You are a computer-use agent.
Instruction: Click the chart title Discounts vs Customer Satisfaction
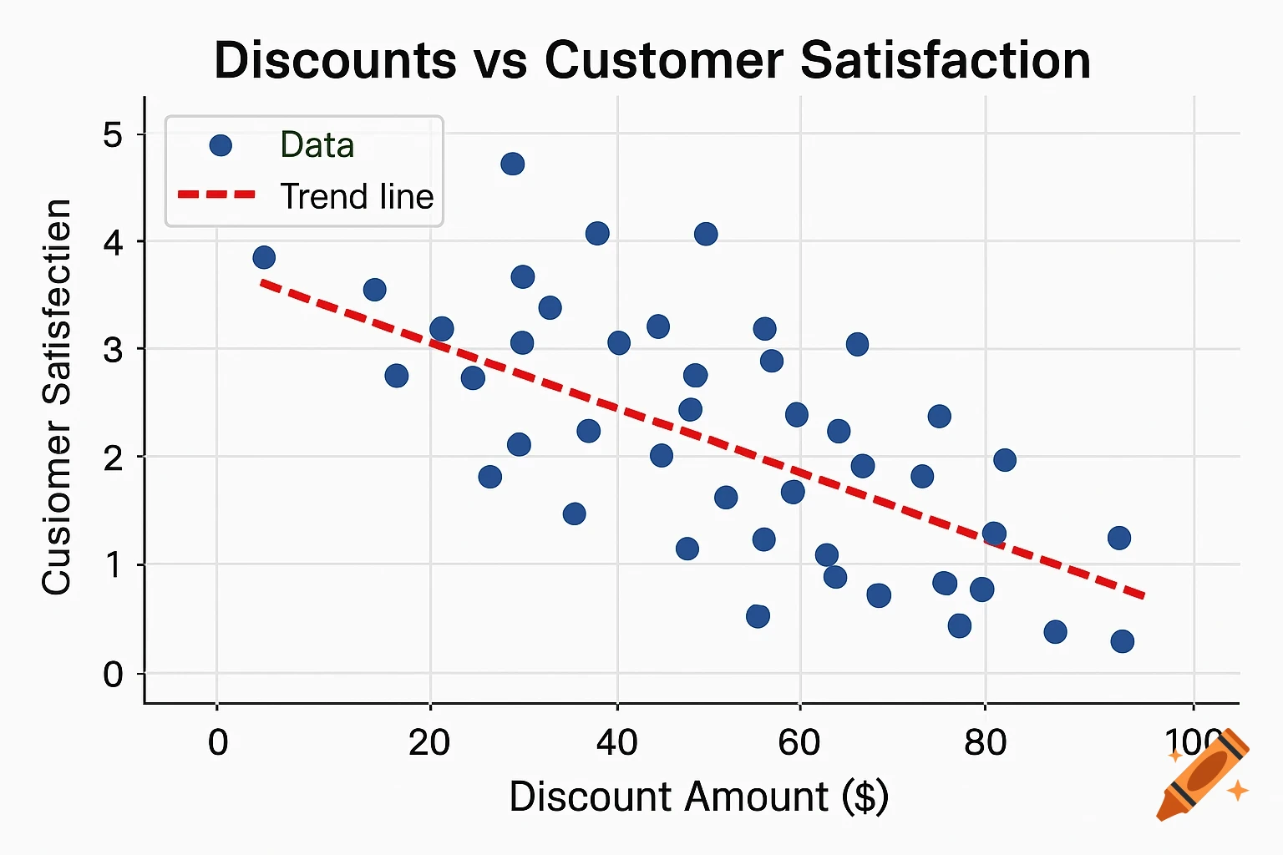(652, 61)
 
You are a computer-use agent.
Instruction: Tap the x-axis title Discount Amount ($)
(698, 797)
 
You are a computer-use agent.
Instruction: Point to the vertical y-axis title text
(57, 397)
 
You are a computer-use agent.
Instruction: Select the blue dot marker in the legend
(220, 146)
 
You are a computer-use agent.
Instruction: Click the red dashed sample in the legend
(216, 195)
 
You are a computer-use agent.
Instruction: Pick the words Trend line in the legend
(357, 197)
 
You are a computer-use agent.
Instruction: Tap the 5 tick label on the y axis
(113, 134)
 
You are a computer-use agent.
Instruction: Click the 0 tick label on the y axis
(113, 674)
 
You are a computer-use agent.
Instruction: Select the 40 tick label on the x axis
(616, 741)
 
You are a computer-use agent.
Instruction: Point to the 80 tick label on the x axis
(985, 741)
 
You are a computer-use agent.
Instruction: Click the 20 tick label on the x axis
(429, 741)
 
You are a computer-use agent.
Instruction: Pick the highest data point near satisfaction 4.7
(513, 164)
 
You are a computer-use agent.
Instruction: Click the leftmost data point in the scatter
(264, 257)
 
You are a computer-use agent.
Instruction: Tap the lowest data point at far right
(1122, 641)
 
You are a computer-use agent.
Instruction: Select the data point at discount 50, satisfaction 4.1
(706, 234)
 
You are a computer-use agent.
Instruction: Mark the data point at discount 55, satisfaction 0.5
(758, 616)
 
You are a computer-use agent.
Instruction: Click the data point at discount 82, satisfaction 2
(1005, 460)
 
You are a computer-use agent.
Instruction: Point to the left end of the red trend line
(262, 283)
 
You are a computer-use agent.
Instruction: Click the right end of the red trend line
(1144, 596)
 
